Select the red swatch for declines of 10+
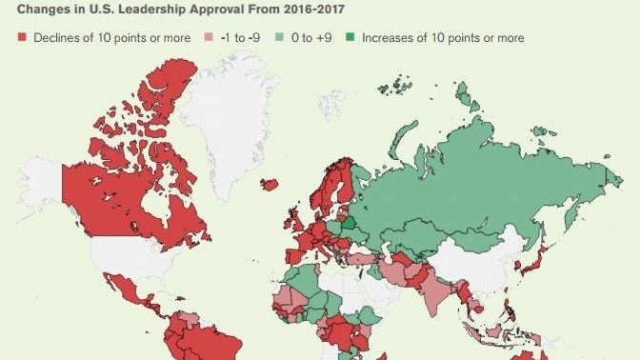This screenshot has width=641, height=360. coord(22,38)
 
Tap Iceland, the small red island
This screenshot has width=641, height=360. coord(270,185)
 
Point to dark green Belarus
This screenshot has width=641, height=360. coord(351,225)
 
